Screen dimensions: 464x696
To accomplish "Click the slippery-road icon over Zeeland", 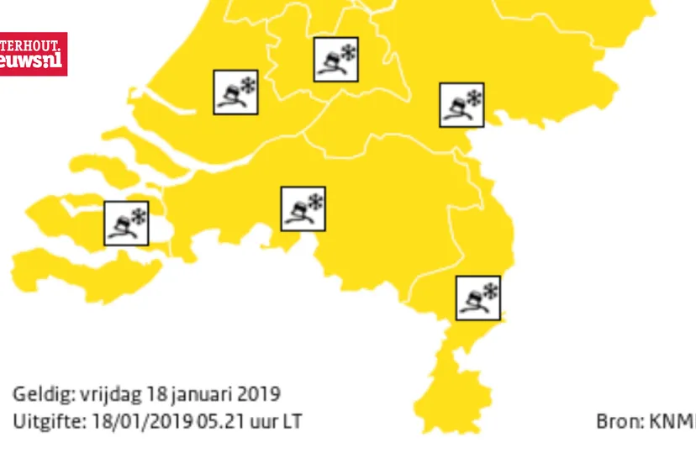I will pos(126,223).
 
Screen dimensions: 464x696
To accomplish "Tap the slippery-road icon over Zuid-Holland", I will pos(235,92).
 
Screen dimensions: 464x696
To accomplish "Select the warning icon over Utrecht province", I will pos(335,59).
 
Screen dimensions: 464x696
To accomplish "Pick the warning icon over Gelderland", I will pos(461,105).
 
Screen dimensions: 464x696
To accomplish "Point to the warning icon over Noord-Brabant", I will pos(303,208).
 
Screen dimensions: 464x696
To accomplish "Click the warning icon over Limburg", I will pos(478,298).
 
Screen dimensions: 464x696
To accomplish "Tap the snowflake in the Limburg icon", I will pos(489,291).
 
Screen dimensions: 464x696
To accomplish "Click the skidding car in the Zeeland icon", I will pos(121,227).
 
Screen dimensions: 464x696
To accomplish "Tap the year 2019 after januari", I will pos(258,394).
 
